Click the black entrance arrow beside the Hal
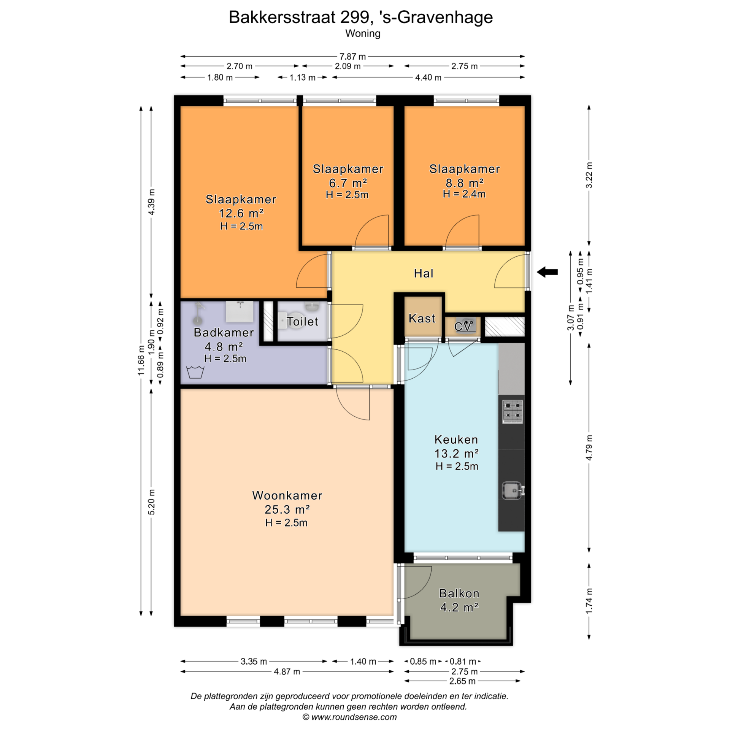547,272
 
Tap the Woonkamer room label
287,495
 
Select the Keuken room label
456,440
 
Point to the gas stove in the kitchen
513,411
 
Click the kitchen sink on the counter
513,490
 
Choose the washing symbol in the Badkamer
195,372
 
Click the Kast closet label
422,318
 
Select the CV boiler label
463,326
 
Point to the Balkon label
459,594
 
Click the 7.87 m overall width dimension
352,57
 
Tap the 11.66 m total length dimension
141,360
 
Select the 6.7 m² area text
348,183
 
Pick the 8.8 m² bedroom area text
465,183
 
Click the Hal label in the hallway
424,273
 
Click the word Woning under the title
363,33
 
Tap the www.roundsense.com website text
354,717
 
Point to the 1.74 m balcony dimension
589,601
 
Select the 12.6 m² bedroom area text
241,213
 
